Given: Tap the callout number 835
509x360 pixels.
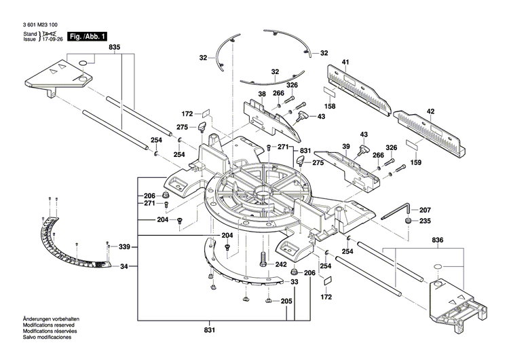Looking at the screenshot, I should [x=114, y=47].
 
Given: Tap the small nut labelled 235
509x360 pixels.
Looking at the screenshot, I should [x=409, y=221].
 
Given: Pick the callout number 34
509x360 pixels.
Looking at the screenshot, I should [x=124, y=267].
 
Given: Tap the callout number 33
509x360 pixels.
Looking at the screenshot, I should [x=295, y=281].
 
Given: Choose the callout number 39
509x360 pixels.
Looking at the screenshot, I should [x=345, y=147].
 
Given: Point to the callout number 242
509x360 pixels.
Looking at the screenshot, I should [x=280, y=265].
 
